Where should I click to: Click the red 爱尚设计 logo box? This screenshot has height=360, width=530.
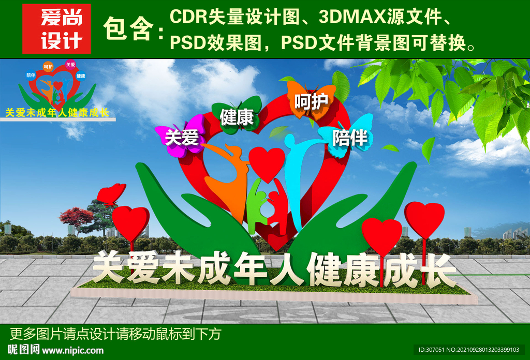click(56, 29)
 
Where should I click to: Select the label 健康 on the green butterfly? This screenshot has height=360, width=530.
click(237, 117)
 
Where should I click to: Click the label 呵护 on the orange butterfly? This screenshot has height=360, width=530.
click(311, 101)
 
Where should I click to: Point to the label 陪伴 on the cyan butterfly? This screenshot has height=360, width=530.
click(350, 138)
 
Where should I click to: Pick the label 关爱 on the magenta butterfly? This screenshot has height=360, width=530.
click(182, 138)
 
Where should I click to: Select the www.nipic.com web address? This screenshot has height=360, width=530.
click(72, 351)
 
